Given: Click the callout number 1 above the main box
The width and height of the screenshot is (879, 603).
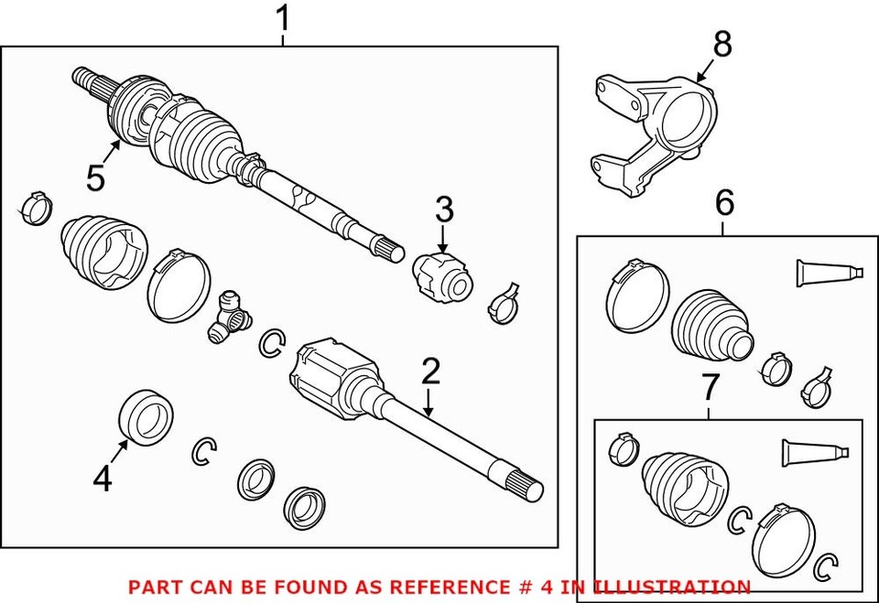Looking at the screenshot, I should tap(283, 17).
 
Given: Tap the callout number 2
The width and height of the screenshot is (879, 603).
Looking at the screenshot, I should tap(430, 371).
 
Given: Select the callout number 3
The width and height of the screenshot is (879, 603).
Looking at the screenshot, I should tap(444, 210).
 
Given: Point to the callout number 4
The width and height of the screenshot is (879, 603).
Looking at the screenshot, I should tap(103, 477).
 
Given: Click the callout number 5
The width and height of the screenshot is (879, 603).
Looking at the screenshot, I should tap(96, 178).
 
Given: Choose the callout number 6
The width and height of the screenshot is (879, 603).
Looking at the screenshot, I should tap(724, 203).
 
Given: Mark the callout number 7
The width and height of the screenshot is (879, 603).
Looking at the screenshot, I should tap(711, 388).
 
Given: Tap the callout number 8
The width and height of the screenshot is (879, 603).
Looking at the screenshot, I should tap(722, 43).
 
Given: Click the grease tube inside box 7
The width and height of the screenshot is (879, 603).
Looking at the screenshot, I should tap(813, 452).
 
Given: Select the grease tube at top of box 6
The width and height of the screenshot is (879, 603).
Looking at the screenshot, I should tap(827, 272).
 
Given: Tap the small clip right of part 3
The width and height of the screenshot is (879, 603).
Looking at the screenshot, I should tap(503, 303).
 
